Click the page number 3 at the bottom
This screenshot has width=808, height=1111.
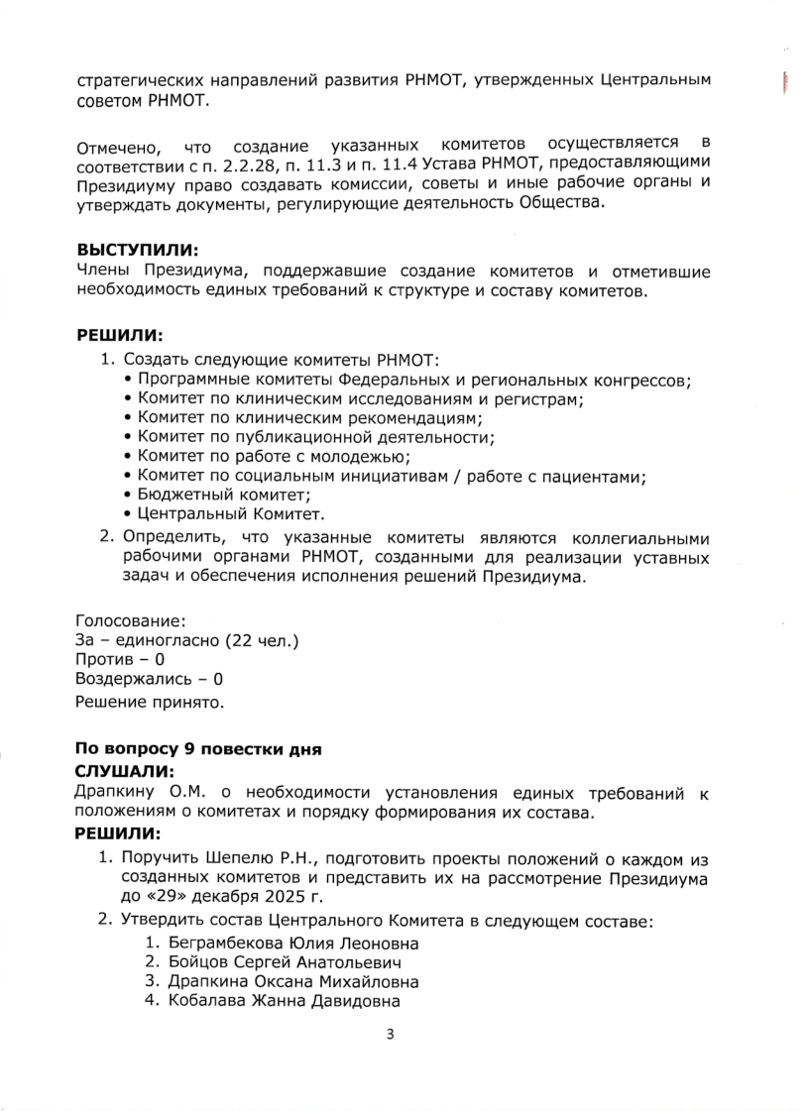(x=390, y=1035)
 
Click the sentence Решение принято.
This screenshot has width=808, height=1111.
(x=149, y=703)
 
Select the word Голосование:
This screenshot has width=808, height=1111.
(x=130, y=621)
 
